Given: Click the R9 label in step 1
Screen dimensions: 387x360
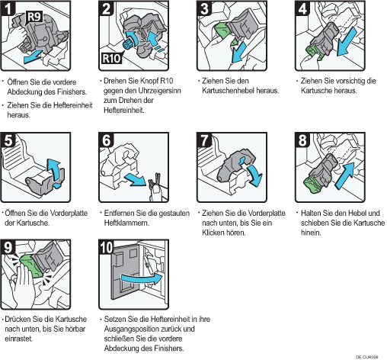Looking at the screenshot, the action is tap(34, 17).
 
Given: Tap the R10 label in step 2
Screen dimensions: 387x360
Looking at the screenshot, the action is tap(111, 59).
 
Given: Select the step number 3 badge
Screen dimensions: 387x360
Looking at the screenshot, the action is tap(204, 8).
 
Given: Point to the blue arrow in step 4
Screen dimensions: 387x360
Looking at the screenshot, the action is tap(347, 41).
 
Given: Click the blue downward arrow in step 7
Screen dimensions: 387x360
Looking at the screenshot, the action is tap(255, 175).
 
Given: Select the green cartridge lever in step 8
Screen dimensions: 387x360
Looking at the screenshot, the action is tap(313, 184).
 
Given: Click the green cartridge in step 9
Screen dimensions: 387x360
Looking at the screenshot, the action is tap(30, 266).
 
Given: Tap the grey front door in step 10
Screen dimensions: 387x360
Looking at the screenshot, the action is tap(125, 272).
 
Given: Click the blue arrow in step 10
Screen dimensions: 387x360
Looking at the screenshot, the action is tap(141, 279).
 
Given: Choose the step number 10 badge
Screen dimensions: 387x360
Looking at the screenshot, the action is tap(107, 247).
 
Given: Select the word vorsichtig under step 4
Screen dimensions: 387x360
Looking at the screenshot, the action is tap(350, 81).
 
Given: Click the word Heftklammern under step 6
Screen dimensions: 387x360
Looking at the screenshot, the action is tap(126, 223).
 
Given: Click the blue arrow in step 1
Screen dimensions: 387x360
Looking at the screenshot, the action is tap(33, 56).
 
